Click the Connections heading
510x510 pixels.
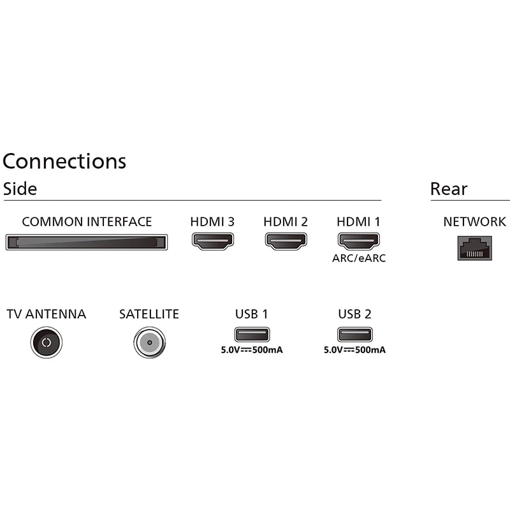(64, 161)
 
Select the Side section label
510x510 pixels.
(20, 189)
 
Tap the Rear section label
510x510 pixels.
(449, 189)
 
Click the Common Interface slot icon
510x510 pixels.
(87, 242)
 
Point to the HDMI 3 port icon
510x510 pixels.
(213, 241)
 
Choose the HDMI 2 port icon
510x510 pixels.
(286, 241)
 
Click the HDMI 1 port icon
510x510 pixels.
(359, 241)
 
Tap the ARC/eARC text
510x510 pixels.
(359, 258)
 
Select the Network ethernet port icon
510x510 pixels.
(474, 247)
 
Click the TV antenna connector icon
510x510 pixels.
(46, 342)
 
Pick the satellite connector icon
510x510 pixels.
(149, 342)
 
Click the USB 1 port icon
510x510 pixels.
(252, 334)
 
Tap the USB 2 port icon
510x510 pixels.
(355, 334)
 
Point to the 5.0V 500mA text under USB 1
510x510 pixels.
(251, 350)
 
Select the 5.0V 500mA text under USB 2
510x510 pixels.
(354, 350)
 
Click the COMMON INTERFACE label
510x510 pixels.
(87, 222)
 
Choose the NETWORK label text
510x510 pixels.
(474, 222)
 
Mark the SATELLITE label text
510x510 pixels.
(149, 314)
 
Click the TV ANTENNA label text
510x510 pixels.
(46, 314)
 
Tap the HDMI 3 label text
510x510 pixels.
(212, 222)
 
